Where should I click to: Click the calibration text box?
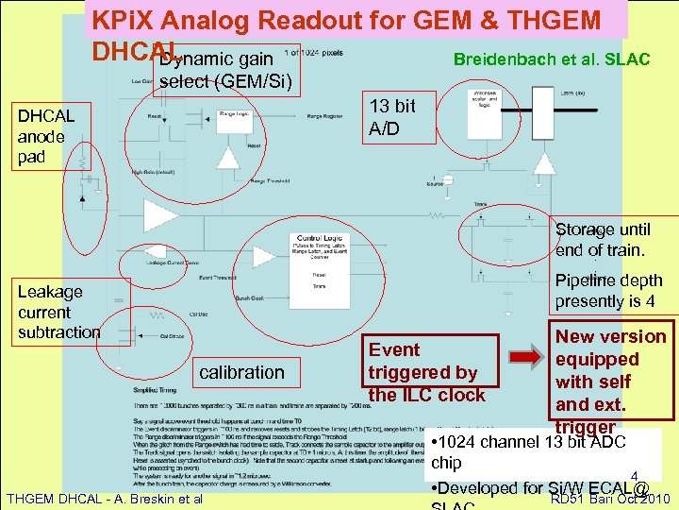click(241, 372)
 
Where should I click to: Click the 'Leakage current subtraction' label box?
click(58, 312)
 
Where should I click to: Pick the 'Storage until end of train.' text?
click(602, 240)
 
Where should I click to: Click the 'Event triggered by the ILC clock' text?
click(426, 372)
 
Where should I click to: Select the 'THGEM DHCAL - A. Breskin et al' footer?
click(104, 498)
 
